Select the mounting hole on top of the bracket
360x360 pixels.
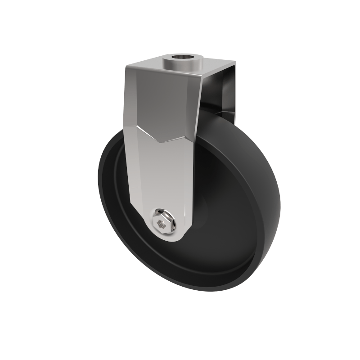tap(182, 58)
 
